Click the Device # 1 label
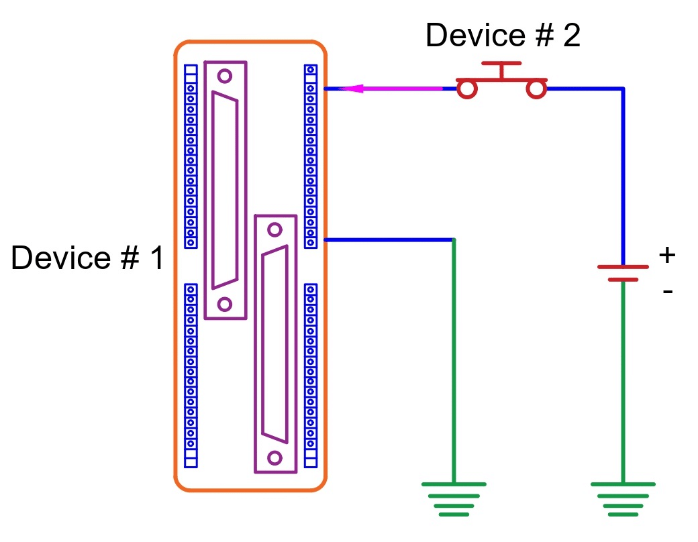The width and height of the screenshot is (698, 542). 87,258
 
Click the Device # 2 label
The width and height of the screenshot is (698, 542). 503,36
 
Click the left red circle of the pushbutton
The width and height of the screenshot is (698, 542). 467,89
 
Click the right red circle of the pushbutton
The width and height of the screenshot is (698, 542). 536,89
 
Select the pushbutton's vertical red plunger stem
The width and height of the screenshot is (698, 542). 501,72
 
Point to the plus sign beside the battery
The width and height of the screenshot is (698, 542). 666,255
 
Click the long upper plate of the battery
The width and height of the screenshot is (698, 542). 623,266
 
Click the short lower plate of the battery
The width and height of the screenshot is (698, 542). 623,279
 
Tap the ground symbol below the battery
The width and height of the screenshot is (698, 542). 623,499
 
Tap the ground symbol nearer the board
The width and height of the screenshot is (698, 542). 454,499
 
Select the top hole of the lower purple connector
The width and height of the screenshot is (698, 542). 275,229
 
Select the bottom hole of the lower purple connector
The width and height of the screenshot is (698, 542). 275,458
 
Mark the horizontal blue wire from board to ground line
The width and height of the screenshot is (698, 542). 389,239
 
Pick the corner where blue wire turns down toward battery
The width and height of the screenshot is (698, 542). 623,89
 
